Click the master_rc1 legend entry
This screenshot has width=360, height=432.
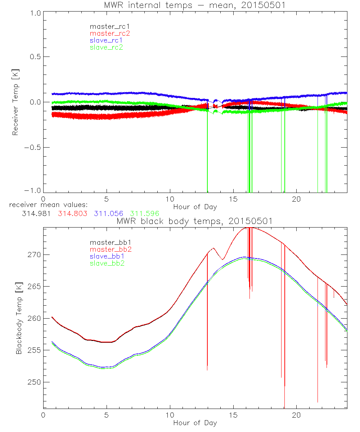(x=106, y=26)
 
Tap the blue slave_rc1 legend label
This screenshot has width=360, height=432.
(x=106, y=40)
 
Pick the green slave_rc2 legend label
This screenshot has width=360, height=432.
(x=106, y=47)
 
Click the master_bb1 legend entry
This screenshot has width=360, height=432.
(x=108, y=243)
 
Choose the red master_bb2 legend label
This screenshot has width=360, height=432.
(x=108, y=249)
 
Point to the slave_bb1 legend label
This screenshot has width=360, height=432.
(x=108, y=257)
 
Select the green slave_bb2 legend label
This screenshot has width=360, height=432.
(x=108, y=264)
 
